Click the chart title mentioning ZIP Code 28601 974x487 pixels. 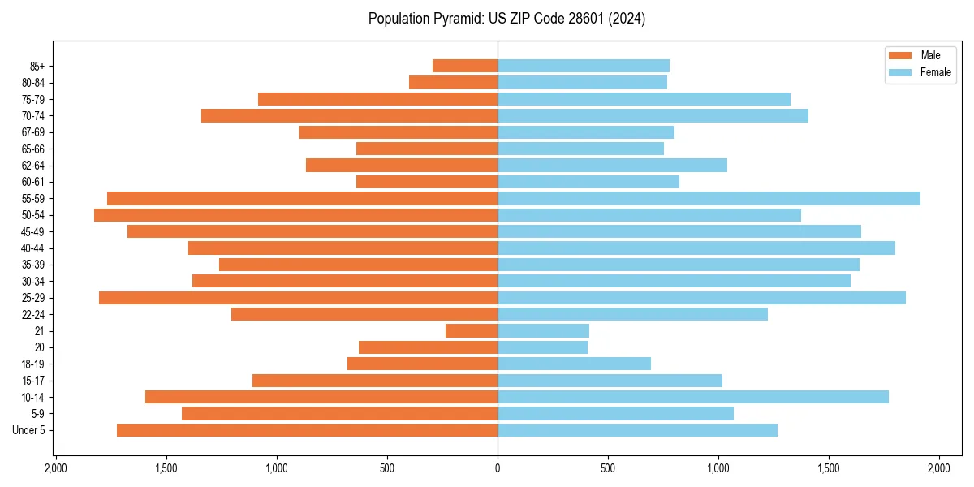click(x=506, y=19)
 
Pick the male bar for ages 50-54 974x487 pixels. click(x=295, y=215)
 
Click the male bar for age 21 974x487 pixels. click(x=472, y=330)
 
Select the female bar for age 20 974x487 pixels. click(x=542, y=347)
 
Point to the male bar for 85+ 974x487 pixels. click(x=465, y=66)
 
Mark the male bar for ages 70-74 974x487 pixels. click(x=349, y=115)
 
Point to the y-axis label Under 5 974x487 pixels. click(x=29, y=430)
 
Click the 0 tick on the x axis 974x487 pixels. click(x=498, y=468)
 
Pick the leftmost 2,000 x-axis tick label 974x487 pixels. click(x=55, y=468)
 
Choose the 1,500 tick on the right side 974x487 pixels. click(x=829, y=468)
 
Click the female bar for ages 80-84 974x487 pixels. click(x=582, y=82)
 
